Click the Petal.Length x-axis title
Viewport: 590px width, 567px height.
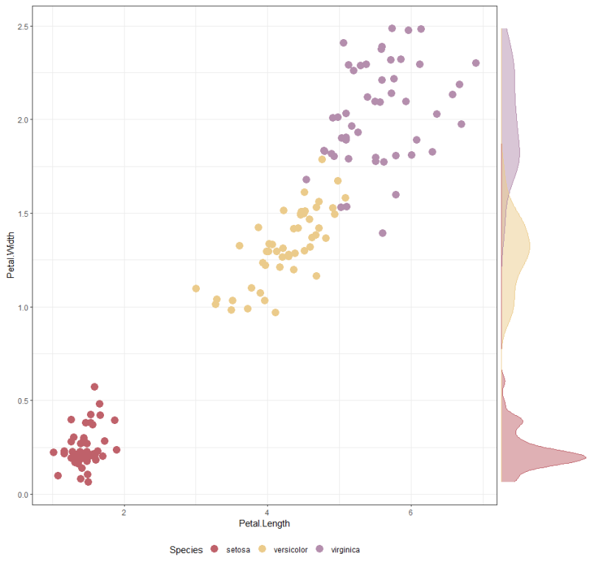pyautogui.click(x=264, y=523)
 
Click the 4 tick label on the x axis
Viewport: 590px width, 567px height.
pyautogui.click(x=267, y=512)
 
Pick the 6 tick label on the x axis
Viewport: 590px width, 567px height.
pyautogui.click(x=411, y=512)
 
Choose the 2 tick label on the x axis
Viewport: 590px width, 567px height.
pyautogui.click(x=124, y=512)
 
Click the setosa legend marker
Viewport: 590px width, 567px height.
pyautogui.click(x=215, y=549)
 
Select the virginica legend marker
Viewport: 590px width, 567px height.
pyautogui.click(x=320, y=549)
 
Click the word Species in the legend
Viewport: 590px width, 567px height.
pyautogui.click(x=186, y=550)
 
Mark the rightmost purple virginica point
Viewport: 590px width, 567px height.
pyautogui.click(x=476, y=63)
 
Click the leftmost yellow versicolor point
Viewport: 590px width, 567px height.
pyautogui.click(x=196, y=288)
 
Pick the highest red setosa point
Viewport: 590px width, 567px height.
pyautogui.click(x=94, y=386)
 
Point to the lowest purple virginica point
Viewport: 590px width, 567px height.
pyautogui.click(x=383, y=233)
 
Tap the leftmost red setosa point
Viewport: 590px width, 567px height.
pyautogui.click(x=53, y=452)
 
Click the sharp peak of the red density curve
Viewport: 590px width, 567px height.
pyautogui.click(x=586, y=457)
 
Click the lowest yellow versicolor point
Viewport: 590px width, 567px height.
pyautogui.click(x=275, y=313)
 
